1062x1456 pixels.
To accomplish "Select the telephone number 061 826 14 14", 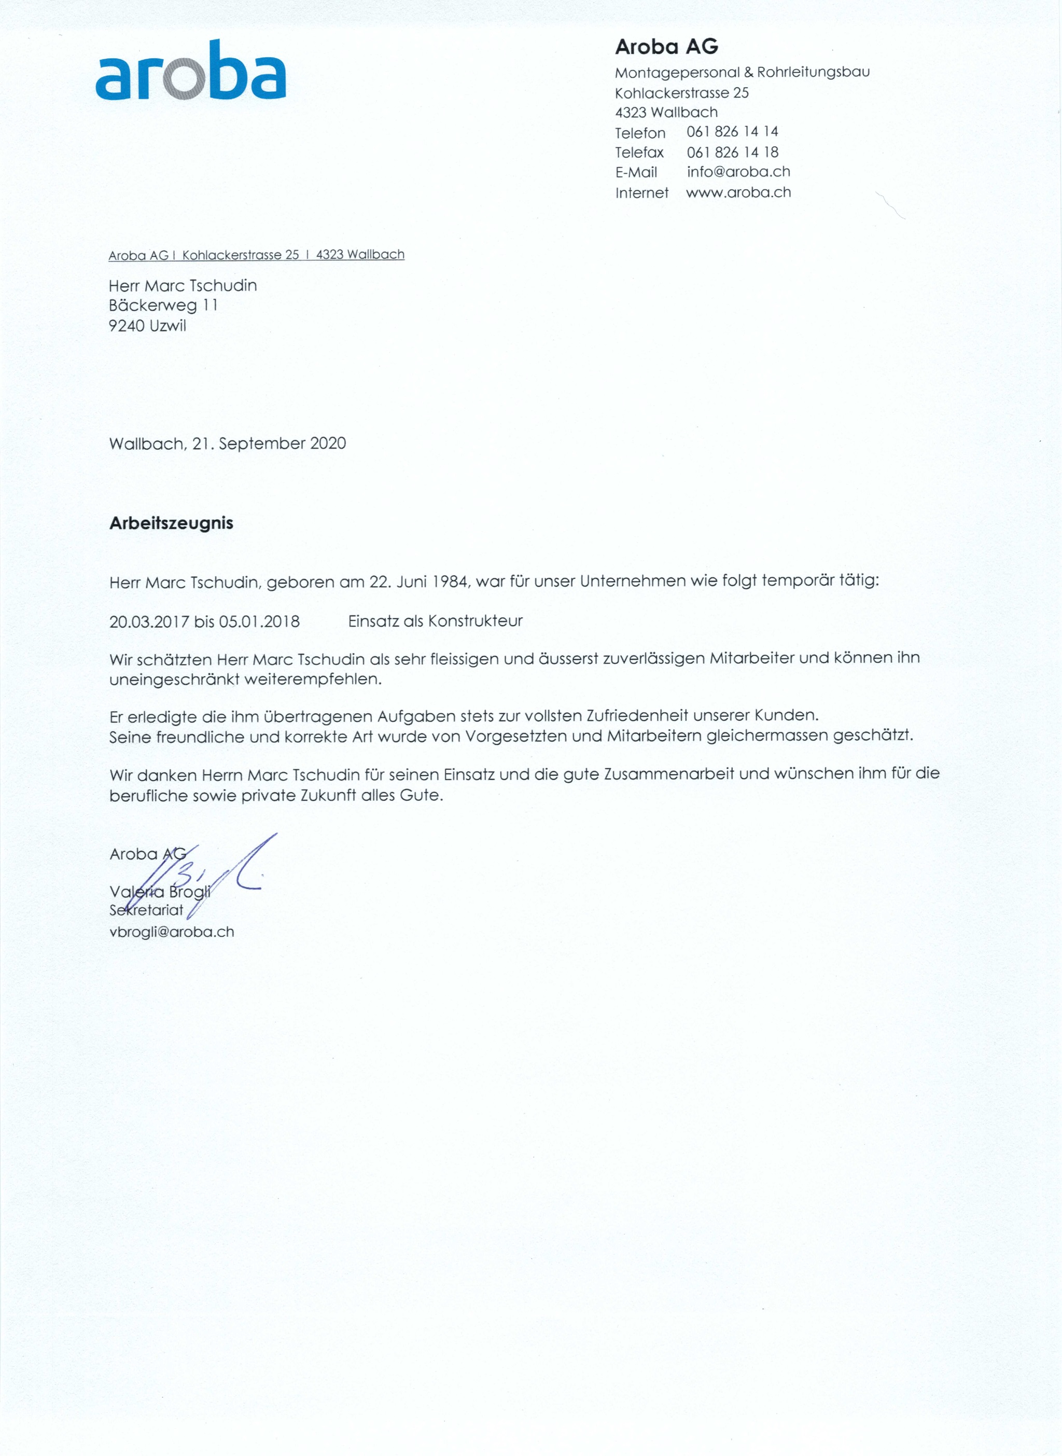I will pyautogui.click(x=732, y=132).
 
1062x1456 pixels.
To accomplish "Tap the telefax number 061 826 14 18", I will pyautogui.click(x=732, y=152).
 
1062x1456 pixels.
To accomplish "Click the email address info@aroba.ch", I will pyautogui.click(x=738, y=172).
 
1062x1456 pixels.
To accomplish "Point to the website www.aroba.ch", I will pyautogui.click(x=738, y=192).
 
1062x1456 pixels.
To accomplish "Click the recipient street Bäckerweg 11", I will pyautogui.click(x=163, y=306).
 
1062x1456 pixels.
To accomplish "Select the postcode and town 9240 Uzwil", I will pyautogui.click(x=147, y=326).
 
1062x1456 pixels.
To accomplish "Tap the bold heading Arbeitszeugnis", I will pyautogui.click(x=171, y=523).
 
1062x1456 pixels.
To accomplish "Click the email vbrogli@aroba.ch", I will pyautogui.click(x=172, y=932).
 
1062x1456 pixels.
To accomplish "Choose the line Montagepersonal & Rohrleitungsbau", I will pyautogui.click(x=742, y=72).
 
